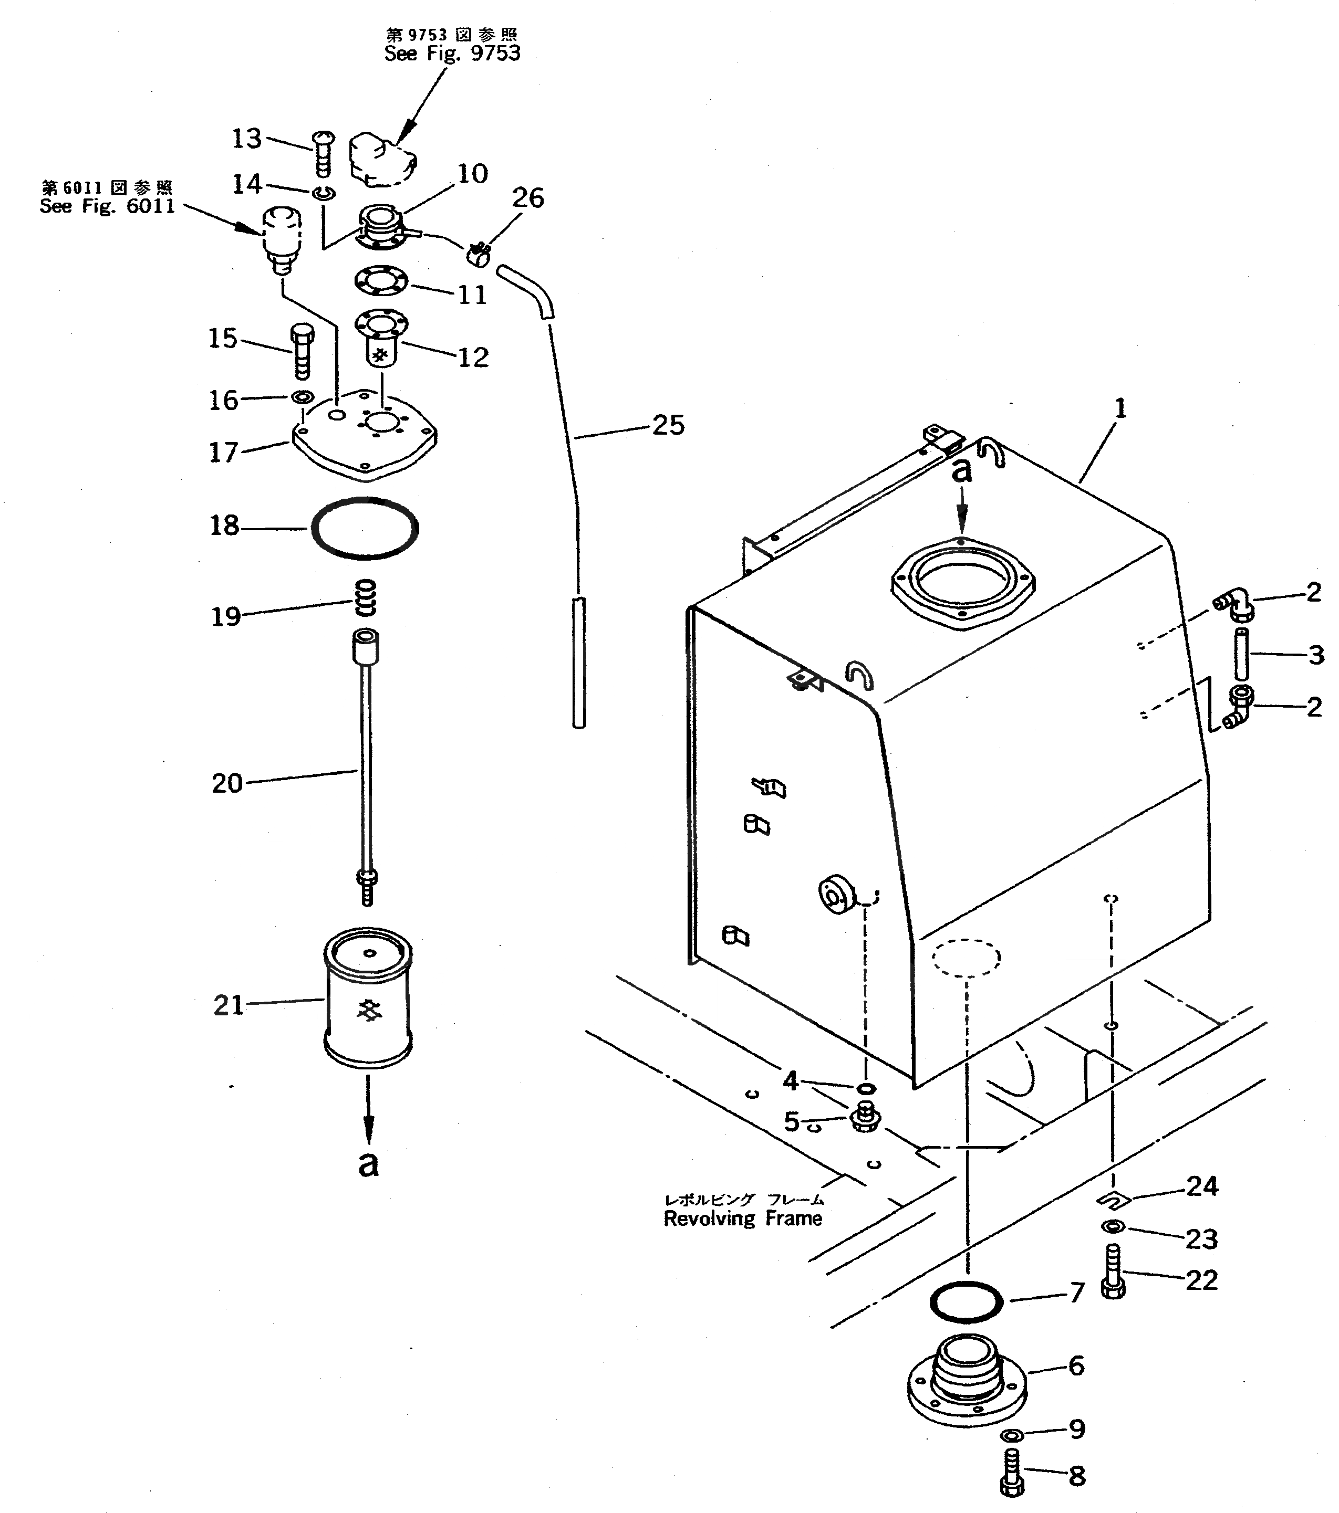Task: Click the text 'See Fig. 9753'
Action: pyautogui.click(x=452, y=54)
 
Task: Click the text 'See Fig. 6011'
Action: pyautogui.click(x=107, y=206)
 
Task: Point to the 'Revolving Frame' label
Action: pyautogui.click(x=742, y=1219)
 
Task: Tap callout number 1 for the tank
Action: pyautogui.click(x=1120, y=408)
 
